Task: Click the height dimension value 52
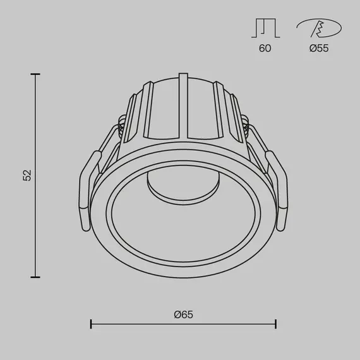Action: [x=27, y=175]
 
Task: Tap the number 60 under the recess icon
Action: [x=265, y=48]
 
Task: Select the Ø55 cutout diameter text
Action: [x=319, y=48]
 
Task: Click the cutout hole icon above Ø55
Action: [x=318, y=28]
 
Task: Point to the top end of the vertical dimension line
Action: [x=35, y=75]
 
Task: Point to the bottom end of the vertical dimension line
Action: [x=35, y=277]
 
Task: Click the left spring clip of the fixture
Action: [x=87, y=186]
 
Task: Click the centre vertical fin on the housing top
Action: [x=184, y=104]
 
